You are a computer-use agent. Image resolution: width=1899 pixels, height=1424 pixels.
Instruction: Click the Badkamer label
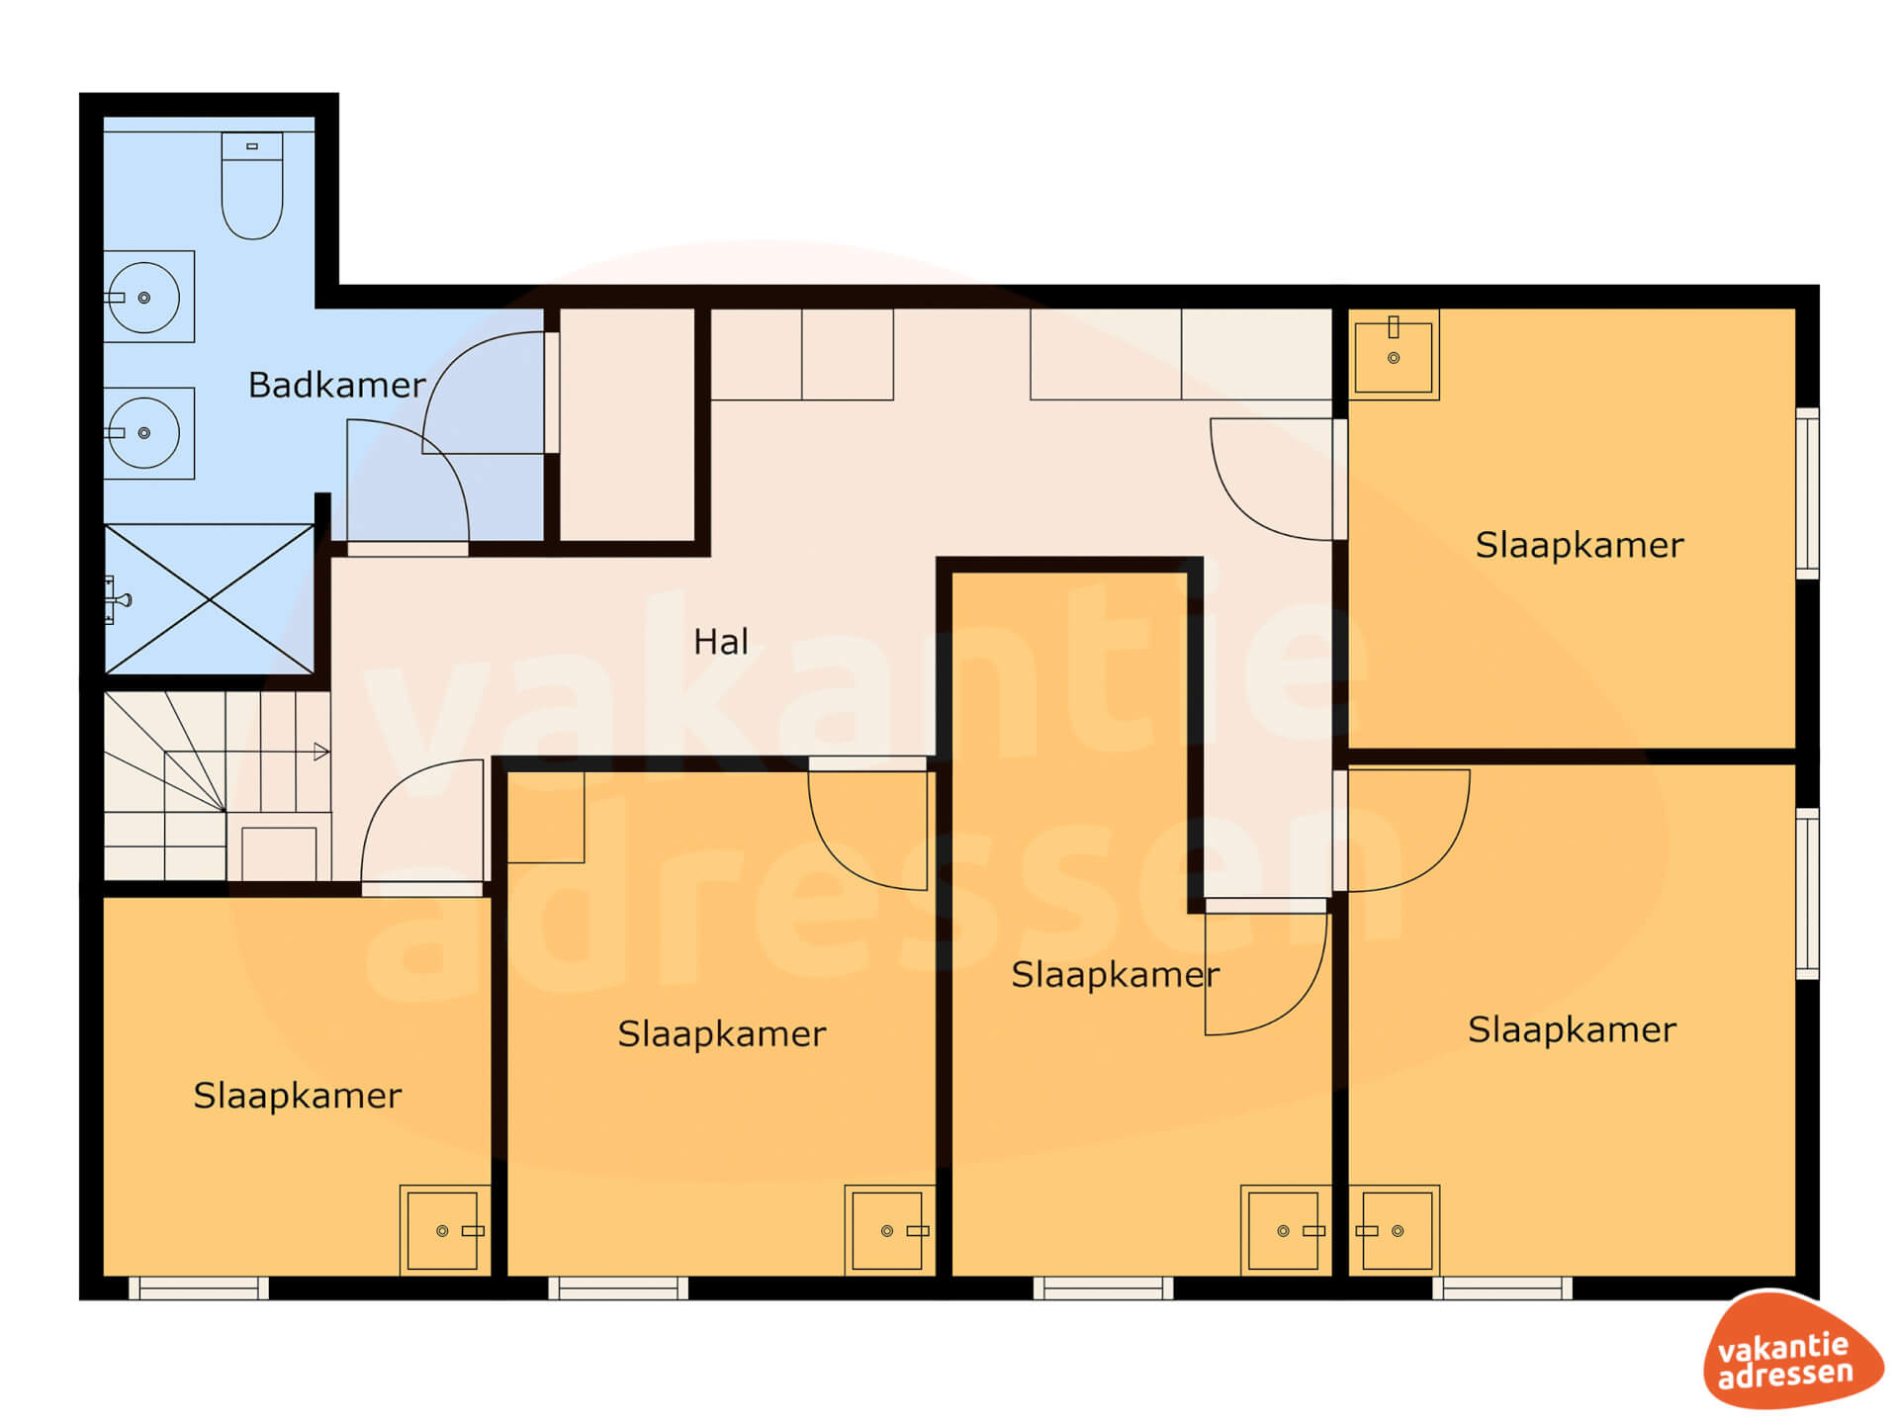(336, 385)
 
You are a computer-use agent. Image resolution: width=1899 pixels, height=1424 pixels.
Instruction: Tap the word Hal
(721, 642)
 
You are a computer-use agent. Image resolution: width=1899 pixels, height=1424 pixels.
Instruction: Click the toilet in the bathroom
(252, 186)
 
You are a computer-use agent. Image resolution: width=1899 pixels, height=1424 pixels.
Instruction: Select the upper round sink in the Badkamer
(148, 297)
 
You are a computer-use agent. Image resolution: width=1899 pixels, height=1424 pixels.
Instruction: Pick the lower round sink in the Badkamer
(148, 433)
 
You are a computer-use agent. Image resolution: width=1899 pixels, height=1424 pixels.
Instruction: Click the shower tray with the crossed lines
(210, 599)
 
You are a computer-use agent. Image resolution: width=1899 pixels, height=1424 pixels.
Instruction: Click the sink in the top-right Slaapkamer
(1394, 355)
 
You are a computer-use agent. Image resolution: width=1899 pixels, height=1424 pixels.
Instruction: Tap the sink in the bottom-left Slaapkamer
(445, 1230)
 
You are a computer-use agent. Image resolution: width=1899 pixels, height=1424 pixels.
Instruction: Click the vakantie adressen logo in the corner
(1791, 1350)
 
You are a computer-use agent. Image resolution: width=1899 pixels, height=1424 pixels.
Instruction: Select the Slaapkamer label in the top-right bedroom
(1580, 545)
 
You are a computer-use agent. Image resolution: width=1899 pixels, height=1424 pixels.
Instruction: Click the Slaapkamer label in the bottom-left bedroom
(298, 1096)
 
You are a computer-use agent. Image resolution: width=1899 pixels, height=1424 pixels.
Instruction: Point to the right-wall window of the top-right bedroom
(1807, 492)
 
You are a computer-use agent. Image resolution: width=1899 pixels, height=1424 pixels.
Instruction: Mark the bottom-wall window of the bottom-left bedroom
(199, 1288)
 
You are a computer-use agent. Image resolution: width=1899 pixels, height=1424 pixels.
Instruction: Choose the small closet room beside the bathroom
(627, 425)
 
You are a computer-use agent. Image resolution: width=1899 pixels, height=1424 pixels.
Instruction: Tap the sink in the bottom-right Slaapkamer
(1395, 1230)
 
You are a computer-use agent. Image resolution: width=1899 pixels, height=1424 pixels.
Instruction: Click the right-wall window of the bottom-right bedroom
(1807, 894)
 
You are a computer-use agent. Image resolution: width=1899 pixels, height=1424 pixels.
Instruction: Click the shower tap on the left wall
(117, 599)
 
